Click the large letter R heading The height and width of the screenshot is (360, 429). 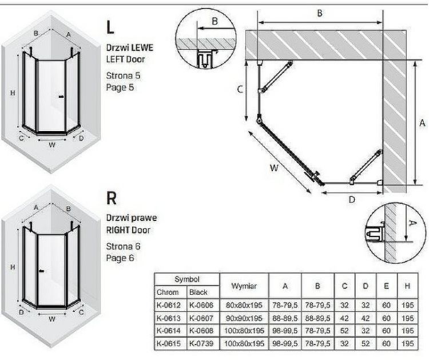(x=111, y=198)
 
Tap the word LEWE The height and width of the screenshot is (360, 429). (x=142, y=48)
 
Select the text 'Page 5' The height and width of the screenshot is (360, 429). (x=120, y=88)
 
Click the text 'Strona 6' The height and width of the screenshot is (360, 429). (x=123, y=246)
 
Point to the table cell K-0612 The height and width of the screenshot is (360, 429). (x=170, y=305)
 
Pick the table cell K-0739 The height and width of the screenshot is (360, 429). (x=202, y=343)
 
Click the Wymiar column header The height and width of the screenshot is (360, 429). (x=244, y=286)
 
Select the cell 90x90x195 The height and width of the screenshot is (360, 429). (x=244, y=318)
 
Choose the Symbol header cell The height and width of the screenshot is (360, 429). (x=187, y=279)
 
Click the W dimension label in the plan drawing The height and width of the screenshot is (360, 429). (x=274, y=168)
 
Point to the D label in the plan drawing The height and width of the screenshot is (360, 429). (x=352, y=200)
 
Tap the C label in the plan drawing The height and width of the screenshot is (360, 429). (x=240, y=89)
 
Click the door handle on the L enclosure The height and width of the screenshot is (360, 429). (x=61, y=97)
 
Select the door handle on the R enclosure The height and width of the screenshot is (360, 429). (x=42, y=271)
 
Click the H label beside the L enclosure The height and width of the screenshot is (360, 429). (x=13, y=93)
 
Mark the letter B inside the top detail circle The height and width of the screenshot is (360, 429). (x=214, y=21)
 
